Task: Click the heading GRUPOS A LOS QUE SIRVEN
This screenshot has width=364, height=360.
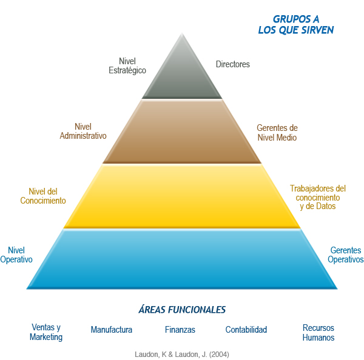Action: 296,25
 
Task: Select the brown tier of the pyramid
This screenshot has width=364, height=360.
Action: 182,132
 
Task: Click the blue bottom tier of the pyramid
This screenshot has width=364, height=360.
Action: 182,259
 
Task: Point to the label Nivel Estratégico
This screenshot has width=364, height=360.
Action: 127,65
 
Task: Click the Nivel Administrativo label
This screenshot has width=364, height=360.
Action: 83,131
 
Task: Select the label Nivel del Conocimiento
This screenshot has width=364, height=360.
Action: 43,196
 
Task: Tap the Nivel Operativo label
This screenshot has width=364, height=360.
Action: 16,255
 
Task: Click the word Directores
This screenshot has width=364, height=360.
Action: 233,64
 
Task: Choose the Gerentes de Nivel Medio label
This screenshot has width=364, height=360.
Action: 277,133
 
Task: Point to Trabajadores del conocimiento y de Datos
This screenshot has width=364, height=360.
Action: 318,197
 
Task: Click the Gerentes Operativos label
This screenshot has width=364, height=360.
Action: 346,255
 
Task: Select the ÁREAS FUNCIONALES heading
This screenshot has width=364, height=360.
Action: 182,310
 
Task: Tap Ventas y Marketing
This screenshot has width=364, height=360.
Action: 46,332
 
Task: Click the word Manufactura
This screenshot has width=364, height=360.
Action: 112,330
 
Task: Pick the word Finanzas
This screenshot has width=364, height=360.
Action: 180,330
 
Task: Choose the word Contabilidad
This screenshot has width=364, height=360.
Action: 246,330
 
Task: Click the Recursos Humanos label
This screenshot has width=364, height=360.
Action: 318,333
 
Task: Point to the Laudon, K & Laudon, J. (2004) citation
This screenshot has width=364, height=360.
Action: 182,355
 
